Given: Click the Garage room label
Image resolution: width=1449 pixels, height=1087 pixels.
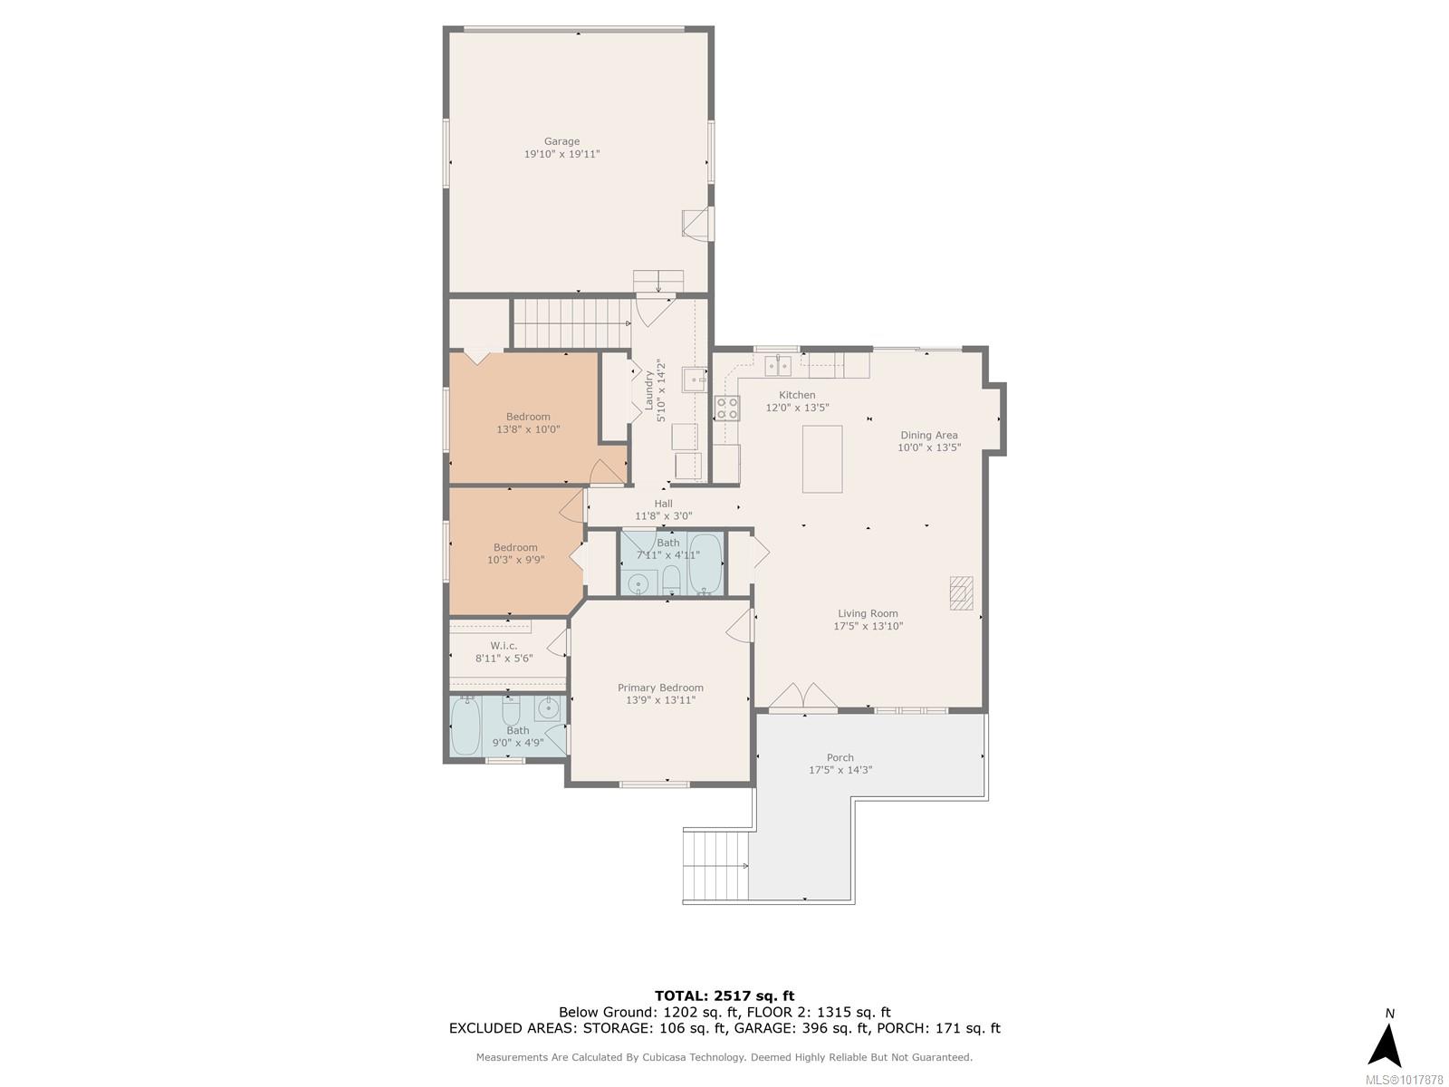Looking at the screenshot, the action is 561,141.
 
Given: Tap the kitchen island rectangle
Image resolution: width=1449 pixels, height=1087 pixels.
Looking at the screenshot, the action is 822,458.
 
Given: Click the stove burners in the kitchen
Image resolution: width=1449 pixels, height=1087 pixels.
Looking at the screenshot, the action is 727,408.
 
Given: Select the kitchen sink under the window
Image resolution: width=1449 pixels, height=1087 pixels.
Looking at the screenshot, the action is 778,366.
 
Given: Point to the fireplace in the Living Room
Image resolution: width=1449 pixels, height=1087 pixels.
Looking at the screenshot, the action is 961,592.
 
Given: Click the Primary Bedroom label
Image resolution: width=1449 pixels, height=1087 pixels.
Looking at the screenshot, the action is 660,688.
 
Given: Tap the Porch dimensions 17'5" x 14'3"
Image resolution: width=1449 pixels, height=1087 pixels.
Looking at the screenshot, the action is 840,770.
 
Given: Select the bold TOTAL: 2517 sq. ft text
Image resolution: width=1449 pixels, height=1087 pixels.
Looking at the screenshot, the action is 724,996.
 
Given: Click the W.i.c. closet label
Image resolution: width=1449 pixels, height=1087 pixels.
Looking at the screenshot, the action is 504,646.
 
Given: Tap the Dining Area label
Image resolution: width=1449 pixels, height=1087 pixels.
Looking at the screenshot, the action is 929,435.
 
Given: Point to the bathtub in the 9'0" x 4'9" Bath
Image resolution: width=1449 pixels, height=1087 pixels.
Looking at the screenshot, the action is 465,726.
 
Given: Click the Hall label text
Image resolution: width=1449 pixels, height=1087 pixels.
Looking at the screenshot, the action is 664,504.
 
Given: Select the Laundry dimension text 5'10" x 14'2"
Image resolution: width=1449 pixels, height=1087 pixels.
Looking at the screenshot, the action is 661,390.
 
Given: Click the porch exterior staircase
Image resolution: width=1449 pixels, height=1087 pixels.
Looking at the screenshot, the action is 716,866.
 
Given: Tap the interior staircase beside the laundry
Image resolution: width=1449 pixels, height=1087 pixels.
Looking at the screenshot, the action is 572,323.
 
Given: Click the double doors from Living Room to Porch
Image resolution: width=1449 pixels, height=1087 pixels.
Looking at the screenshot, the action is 803,697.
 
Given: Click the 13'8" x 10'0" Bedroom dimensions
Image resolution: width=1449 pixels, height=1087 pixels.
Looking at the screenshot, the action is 528,429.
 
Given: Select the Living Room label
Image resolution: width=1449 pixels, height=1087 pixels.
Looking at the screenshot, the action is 868,613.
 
